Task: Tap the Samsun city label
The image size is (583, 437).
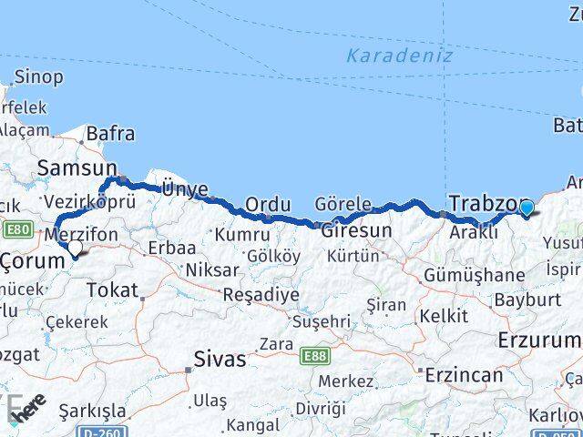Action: point(77,168)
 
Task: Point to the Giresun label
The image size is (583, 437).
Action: point(356,231)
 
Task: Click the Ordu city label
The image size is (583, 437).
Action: point(267,204)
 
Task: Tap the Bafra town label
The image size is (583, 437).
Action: point(110,134)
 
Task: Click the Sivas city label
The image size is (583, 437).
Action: point(219,359)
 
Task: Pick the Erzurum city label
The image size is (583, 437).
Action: point(539,340)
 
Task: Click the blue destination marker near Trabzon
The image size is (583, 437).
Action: point(527,208)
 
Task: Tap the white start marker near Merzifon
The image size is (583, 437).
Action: point(75,246)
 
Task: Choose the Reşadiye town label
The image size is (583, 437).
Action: point(261,295)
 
